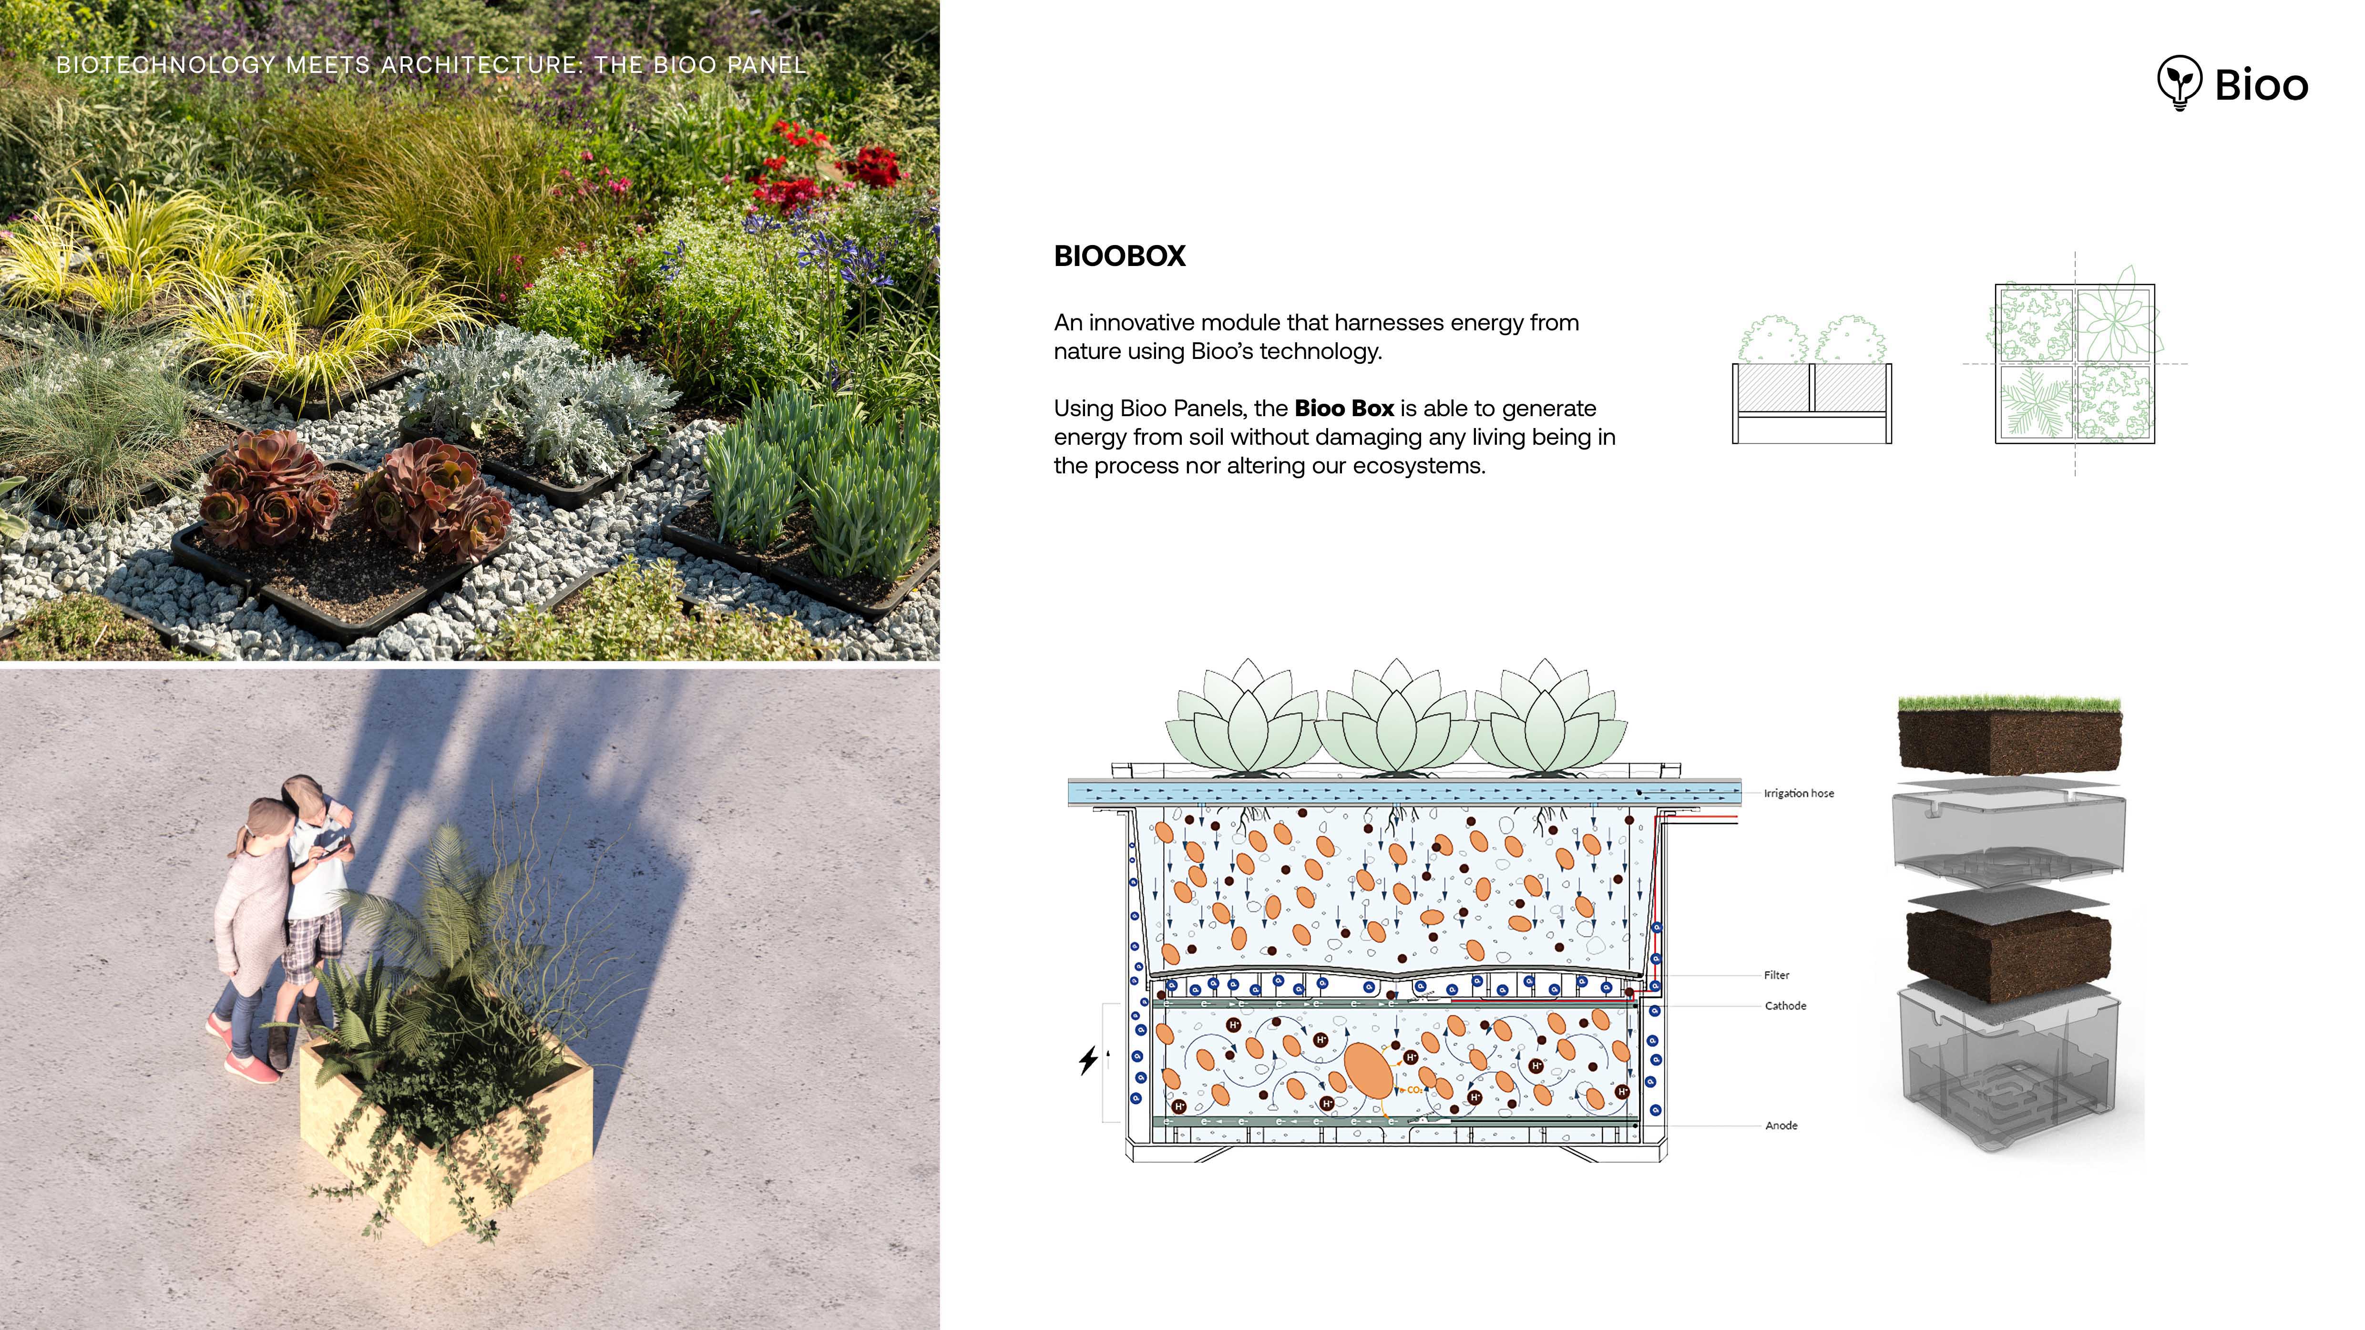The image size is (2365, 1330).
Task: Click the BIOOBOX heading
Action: click(1119, 256)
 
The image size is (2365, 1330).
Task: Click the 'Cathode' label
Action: click(1785, 1006)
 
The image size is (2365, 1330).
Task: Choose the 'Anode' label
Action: click(1781, 1125)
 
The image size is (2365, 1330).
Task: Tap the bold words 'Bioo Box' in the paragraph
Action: click(1343, 409)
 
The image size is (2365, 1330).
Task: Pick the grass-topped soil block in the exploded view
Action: click(2009, 736)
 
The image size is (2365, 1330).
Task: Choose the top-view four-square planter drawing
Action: click(2074, 364)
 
